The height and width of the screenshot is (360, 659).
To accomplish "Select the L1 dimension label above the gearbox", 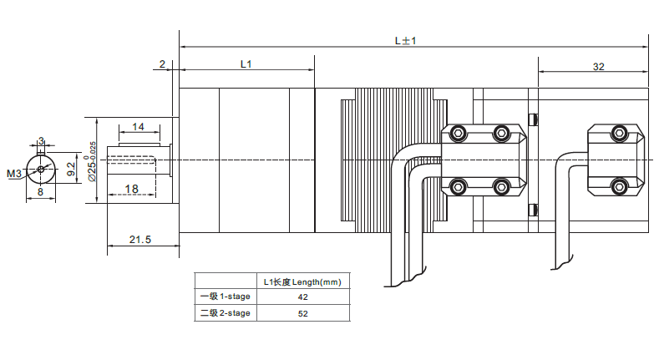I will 246,63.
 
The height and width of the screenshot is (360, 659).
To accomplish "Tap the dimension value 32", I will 598,66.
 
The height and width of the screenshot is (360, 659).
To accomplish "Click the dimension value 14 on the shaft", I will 139,127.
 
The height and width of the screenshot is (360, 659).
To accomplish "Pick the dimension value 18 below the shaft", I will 131,189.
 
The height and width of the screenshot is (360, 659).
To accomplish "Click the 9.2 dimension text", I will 72,170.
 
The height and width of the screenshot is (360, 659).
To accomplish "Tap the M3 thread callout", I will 14,174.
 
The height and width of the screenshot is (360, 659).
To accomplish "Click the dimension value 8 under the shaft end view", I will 40,192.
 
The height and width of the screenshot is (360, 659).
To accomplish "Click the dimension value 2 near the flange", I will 163,63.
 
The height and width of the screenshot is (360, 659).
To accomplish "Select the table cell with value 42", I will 302,297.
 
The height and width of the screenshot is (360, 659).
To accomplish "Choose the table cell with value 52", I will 302,314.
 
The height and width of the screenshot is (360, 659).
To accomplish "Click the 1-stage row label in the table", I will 225,297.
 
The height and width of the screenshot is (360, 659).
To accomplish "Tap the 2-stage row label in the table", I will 225,314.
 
